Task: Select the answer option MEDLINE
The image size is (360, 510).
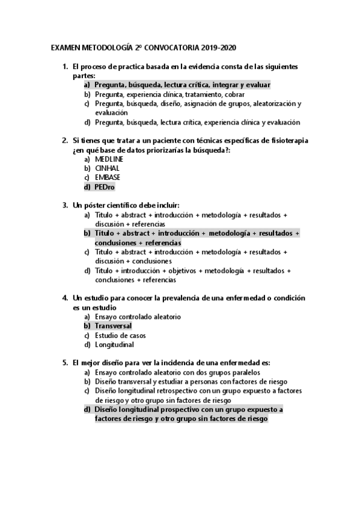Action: [x=109, y=159]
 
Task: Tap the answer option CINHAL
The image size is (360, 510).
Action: [x=107, y=168]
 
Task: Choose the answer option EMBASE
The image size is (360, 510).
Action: [x=108, y=177]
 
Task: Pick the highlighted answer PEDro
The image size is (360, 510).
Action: [x=105, y=187]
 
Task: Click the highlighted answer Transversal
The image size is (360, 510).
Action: [x=113, y=326]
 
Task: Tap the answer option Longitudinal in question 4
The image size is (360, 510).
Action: [x=114, y=345]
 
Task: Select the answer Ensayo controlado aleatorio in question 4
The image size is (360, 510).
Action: [x=138, y=316]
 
